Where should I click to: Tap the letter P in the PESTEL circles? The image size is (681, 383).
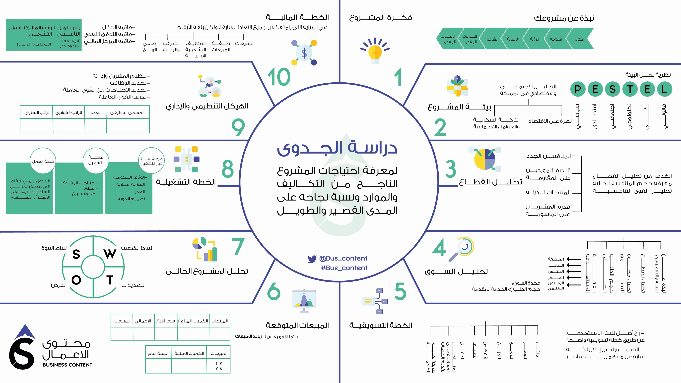(578, 89)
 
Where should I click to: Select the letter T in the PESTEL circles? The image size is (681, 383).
(630, 89)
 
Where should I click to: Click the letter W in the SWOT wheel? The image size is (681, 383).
(110, 254)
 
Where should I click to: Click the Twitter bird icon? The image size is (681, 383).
(312, 259)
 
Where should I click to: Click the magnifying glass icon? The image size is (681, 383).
(461, 250)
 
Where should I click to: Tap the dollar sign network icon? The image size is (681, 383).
(304, 53)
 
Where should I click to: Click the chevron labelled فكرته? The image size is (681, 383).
(579, 39)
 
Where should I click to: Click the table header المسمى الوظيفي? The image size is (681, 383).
(127, 112)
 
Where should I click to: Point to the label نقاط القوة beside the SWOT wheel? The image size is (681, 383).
(54, 248)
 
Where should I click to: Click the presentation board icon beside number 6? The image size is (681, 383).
(304, 301)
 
